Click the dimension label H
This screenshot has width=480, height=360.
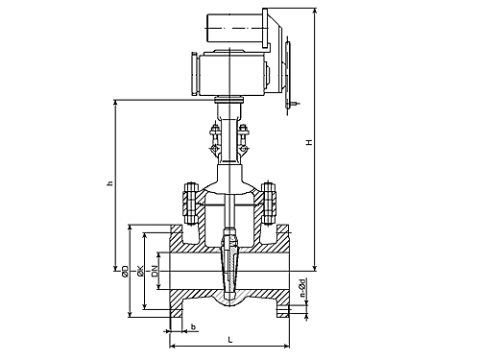tap(309, 142)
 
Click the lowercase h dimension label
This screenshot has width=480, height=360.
tap(110, 183)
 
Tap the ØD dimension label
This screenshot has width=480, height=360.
tap(125, 271)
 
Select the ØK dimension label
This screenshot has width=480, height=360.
tap(140, 271)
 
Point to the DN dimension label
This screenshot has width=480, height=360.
tap(156, 271)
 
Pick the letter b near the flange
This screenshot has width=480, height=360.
tap(193, 326)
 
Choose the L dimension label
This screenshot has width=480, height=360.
tap(230, 340)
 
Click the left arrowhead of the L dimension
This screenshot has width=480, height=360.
tap(172, 346)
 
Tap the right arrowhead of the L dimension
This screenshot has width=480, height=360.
tap(286, 346)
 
